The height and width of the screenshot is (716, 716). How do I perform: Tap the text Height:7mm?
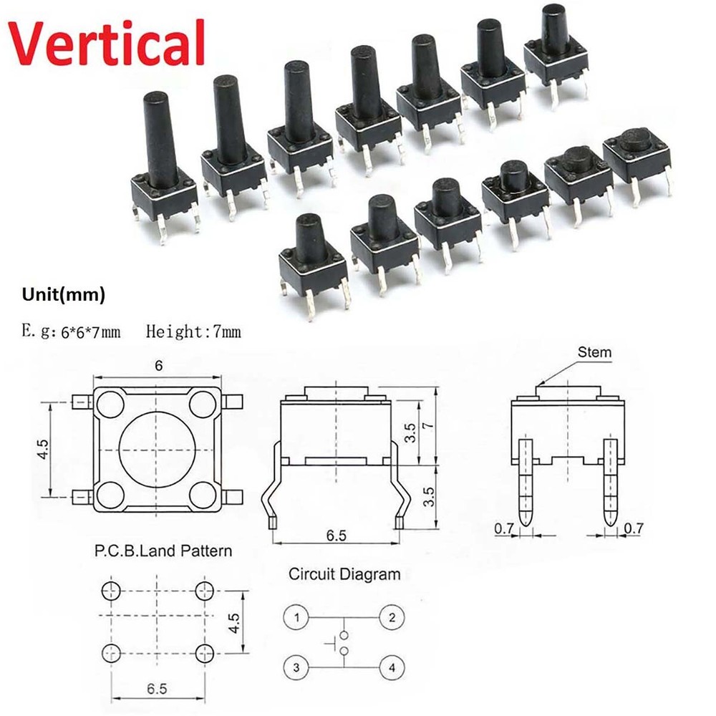(193, 331)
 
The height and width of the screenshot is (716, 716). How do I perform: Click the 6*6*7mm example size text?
(89, 331)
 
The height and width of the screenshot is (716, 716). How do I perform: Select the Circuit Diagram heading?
(344, 574)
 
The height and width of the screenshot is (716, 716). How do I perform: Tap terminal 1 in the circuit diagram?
(296, 616)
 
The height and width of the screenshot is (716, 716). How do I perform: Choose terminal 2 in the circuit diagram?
(391, 616)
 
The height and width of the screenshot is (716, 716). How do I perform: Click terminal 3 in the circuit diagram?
(296, 669)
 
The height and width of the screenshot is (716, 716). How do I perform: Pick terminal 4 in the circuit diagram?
(391, 669)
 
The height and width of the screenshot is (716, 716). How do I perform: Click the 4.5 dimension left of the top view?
(44, 450)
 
